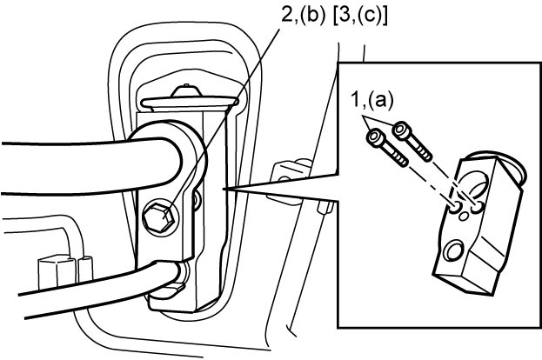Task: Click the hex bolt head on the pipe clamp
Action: tap(157, 217)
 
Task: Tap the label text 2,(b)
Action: tap(303, 15)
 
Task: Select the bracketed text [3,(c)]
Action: tap(360, 16)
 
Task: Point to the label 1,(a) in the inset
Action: tap(372, 100)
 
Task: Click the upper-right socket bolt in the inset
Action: tap(412, 140)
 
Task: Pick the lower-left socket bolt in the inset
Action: tap(387, 148)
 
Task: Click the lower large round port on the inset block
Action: tap(453, 250)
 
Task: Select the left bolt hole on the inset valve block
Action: tap(456, 207)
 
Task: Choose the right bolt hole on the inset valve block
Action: tap(477, 206)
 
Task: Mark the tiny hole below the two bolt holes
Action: tap(464, 217)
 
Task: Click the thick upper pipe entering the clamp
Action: tap(90, 166)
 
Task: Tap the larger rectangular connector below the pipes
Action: tap(57, 272)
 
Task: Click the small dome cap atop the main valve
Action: tap(187, 91)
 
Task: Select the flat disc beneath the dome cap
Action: tap(190, 103)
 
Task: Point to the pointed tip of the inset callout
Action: tap(224, 189)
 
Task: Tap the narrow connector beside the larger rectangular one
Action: tap(85, 269)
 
